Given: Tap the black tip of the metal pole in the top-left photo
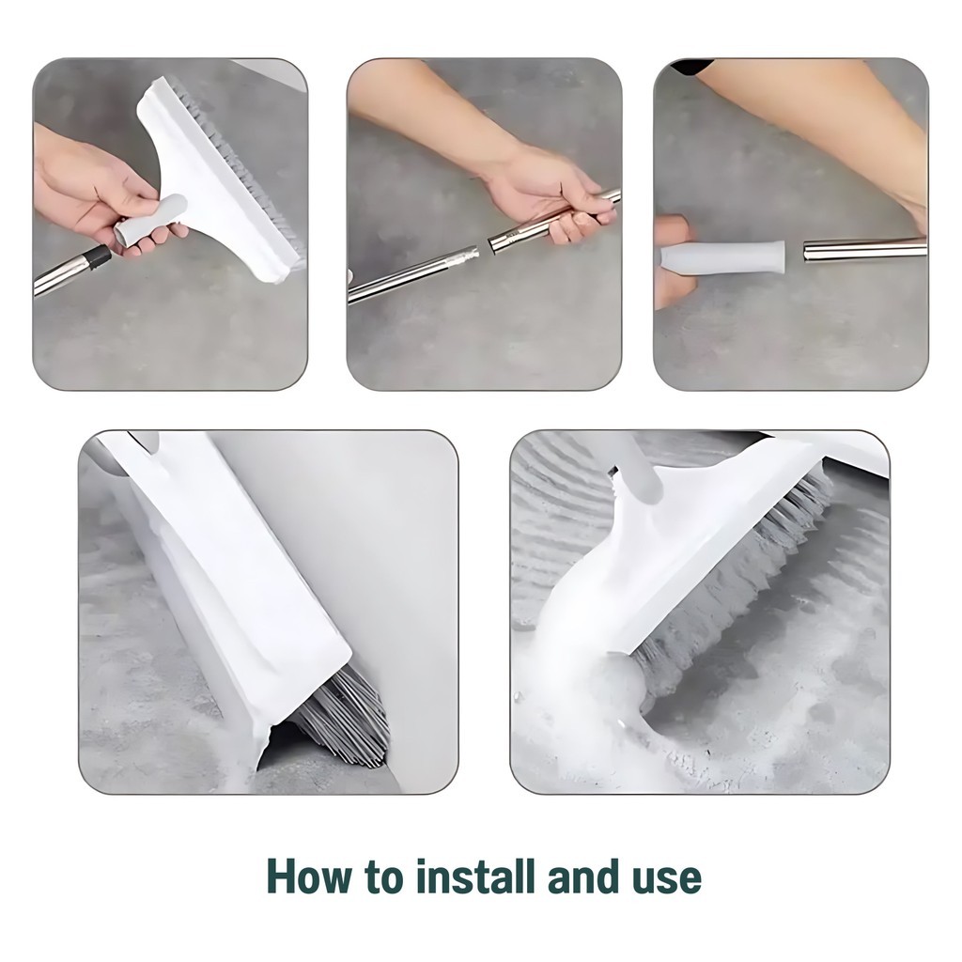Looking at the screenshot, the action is pyautogui.click(x=97, y=257).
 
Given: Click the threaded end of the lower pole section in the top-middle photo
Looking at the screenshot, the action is pyautogui.click(x=466, y=256).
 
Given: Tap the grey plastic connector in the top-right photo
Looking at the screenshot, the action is pyautogui.click(x=723, y=256).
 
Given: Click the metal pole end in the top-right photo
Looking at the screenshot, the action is pyautogui.click(x=865, y=250).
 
